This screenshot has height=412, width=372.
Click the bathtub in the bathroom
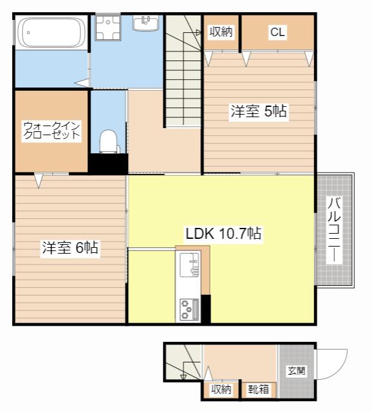51,32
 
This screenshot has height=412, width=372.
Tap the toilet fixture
108,141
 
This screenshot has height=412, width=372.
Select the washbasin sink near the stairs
146,23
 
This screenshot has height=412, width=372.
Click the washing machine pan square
107,27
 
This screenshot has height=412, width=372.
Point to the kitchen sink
189,265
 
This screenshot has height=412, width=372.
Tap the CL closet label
277,32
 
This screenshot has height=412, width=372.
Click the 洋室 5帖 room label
259,111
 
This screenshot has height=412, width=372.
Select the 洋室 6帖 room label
70,247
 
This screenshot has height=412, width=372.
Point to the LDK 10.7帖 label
223,233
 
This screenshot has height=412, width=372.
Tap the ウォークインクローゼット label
51,130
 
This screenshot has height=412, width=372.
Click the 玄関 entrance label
297,371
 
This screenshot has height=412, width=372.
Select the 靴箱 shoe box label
259,389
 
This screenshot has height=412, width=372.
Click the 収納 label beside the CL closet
221,32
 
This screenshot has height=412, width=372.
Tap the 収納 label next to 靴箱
221,389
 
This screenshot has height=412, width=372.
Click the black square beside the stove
206,309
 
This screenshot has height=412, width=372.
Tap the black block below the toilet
108,164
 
